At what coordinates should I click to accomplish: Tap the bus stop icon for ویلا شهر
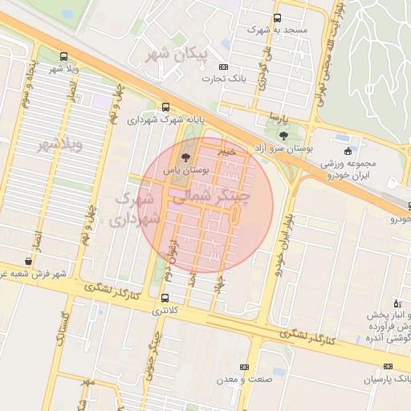pyautogui.click(x=63, y=57)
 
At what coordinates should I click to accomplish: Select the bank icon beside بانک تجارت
pyautogui.click(x=222, y=67)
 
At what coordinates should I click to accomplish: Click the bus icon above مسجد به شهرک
pyautogui.click(x=277, y=18)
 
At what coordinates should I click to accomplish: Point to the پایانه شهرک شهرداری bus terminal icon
pyautogui.click(x=166, y=107)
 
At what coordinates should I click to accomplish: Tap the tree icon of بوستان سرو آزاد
pyautogui.click(x=283, y=136)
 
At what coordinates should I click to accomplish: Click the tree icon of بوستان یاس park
pyautogui.click(x=185, y=157)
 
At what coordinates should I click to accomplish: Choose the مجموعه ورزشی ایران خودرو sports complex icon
pyautogui.click(x=347, y=151)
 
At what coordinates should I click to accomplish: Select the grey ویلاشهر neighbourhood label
pyautogui.click(x=61, y=145)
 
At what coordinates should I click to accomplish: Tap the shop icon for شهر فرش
pyautogui.click(x=29, y=261)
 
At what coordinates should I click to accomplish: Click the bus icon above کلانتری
pyautogui.click(x=165, y=298)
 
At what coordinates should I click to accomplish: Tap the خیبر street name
pyautogui.click(x=229, y=150)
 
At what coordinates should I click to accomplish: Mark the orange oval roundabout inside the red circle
pyautogui.click(x=234, y=215)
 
